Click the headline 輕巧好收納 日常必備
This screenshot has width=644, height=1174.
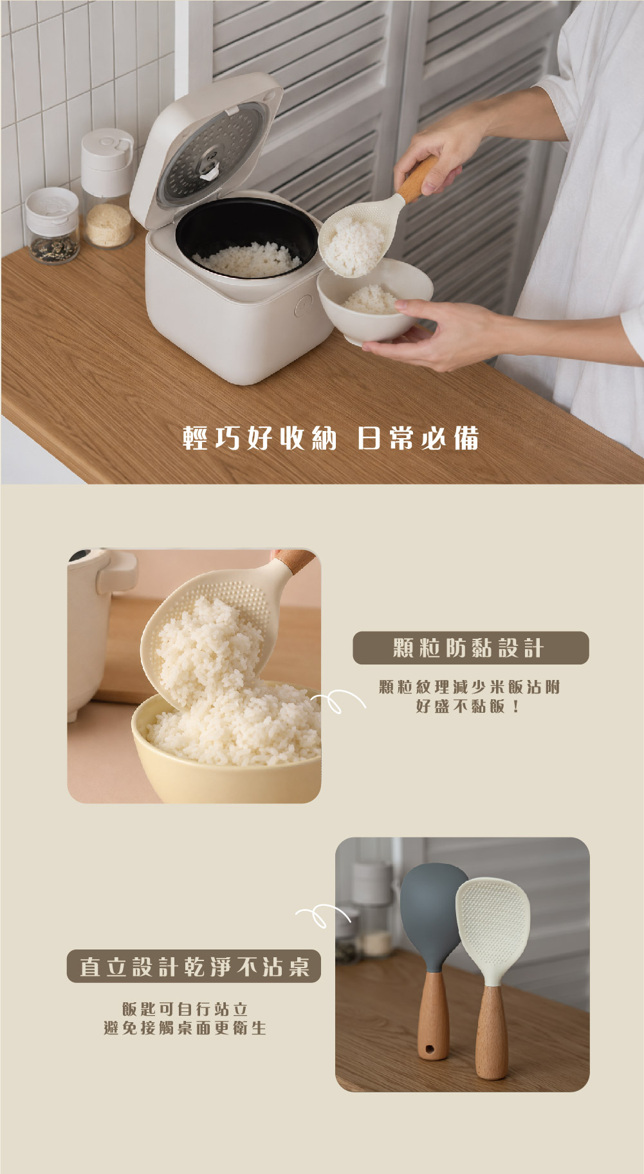pos(331,438)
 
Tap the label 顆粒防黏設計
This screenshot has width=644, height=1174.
pos(470,648)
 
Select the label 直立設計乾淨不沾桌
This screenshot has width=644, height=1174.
pos(194,966)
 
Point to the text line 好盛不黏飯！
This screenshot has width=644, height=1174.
pos(468,706)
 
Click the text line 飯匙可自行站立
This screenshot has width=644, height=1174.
pos(185,1009)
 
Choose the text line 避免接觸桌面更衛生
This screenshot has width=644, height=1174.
pos(185,1028)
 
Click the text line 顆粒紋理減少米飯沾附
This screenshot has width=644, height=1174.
pos(470,687)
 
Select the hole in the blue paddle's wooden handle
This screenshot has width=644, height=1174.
pos(428,1051)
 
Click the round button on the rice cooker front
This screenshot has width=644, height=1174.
pos(303,307)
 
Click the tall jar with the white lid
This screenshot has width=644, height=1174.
pos(107,188)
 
